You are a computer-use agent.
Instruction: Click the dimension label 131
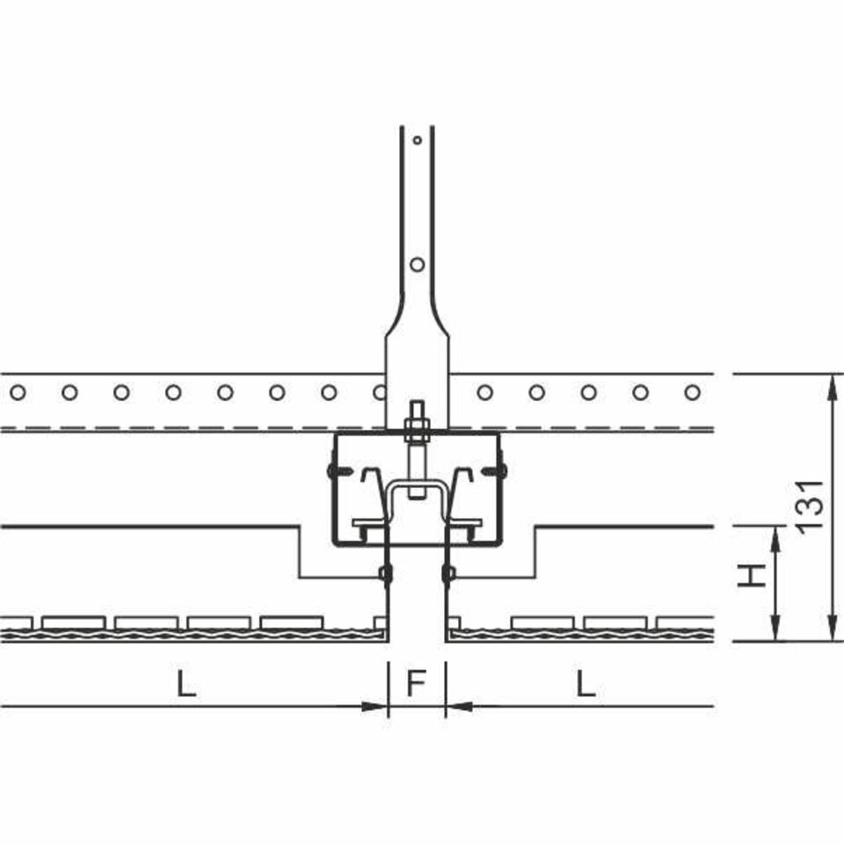810,506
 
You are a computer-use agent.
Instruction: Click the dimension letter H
752,575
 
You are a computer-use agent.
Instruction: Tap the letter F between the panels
417,683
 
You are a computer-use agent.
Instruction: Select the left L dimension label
186,683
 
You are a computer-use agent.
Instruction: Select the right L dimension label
586,683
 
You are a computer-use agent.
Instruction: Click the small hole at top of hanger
417,140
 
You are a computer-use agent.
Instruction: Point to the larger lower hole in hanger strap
417,264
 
